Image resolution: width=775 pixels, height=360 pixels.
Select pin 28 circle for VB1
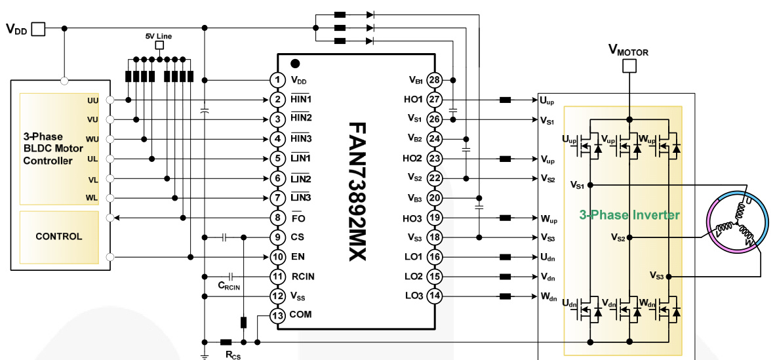coord(433,80)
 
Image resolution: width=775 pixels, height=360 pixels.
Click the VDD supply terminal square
coord(39,28)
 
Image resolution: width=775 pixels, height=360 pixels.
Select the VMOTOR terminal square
coord(629,66)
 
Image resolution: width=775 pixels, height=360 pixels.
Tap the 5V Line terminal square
coord(158,46)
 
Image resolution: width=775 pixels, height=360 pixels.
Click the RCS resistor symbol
coord(226,342)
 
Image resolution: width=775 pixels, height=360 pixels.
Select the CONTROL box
coord(59,236)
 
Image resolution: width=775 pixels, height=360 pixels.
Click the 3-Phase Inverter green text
coord(629,214)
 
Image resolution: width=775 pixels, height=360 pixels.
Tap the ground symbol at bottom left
coord(205,355)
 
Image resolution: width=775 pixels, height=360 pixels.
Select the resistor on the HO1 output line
coord(506,100)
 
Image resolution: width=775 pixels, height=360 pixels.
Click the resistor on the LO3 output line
coord(506,296)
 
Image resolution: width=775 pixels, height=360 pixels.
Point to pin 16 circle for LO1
coord(433,257)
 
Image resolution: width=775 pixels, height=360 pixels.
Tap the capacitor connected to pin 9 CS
coord(224,237)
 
